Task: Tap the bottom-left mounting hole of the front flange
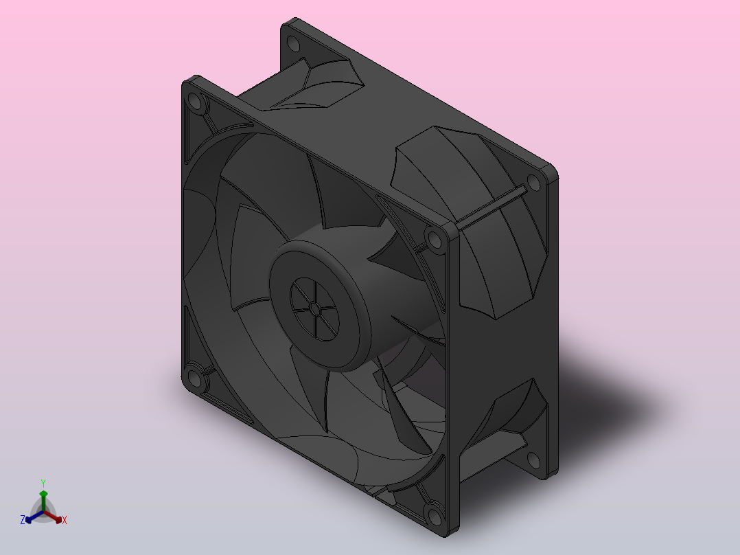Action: coord(194,377)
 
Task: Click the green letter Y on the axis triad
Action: coord(43,483)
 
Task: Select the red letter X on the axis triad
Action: coord(65,520)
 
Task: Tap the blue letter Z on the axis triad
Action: coord(22,520)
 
